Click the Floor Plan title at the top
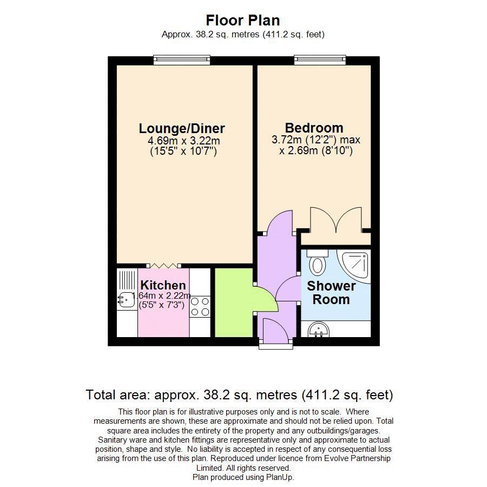point(243,21)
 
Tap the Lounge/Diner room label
point(182,129)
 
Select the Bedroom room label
point(314,128)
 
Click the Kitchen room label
point(163,285)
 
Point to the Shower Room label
point(331,293)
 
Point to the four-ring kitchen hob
point(200,306)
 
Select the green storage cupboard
point(234,302)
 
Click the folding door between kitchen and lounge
point(163,265)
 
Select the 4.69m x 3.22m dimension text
point(183,141)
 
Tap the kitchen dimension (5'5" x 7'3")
point(162,305)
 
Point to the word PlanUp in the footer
point(279,477)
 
